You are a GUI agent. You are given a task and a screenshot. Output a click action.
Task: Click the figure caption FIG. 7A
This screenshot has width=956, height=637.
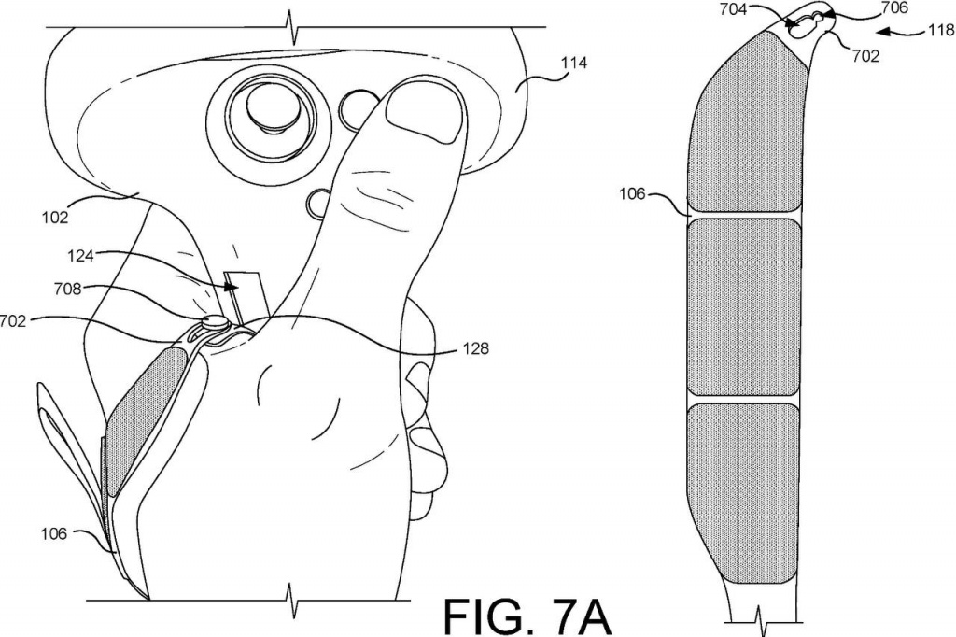tap(527, 616)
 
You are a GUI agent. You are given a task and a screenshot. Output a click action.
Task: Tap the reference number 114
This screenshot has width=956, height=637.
tap(574, 63)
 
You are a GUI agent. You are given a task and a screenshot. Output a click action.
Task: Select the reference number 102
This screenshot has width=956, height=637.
tap(55, 218)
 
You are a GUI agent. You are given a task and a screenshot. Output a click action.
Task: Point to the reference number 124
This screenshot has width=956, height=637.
tap(80, 256)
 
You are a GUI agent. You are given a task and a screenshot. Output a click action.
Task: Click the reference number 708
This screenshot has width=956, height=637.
tap(67, 288)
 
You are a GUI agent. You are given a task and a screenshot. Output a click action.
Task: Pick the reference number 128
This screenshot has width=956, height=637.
tap(475, 348)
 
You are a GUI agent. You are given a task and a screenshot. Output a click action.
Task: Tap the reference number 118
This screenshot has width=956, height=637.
tap(941, 30)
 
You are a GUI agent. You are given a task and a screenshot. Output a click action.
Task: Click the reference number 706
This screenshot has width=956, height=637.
tap(895, 7)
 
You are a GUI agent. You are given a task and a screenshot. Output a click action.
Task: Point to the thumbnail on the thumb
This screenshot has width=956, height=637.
tap(426, 112)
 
